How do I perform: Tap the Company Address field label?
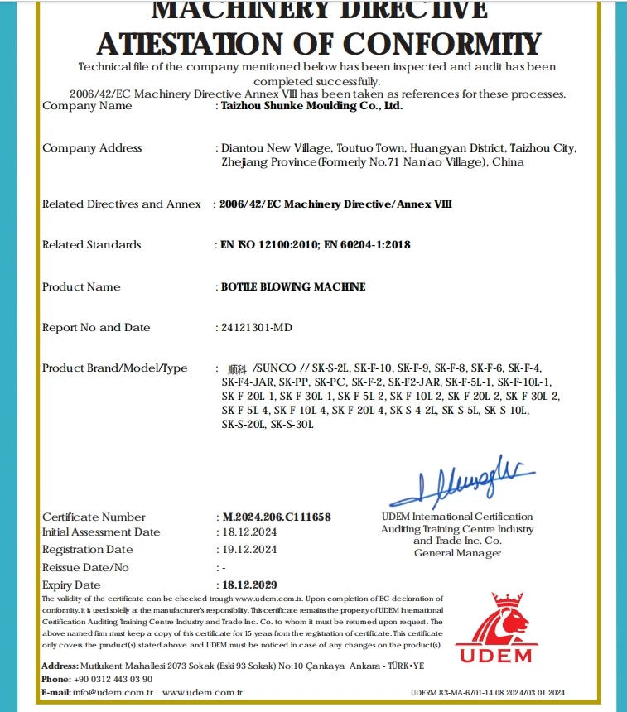coord(92,148)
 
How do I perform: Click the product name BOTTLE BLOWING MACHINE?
coord(293,287)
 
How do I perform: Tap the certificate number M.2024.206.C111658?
coord(277,517)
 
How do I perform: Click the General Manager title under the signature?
coord(457,553)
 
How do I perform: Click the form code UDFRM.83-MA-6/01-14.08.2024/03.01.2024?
coord(487,693)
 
